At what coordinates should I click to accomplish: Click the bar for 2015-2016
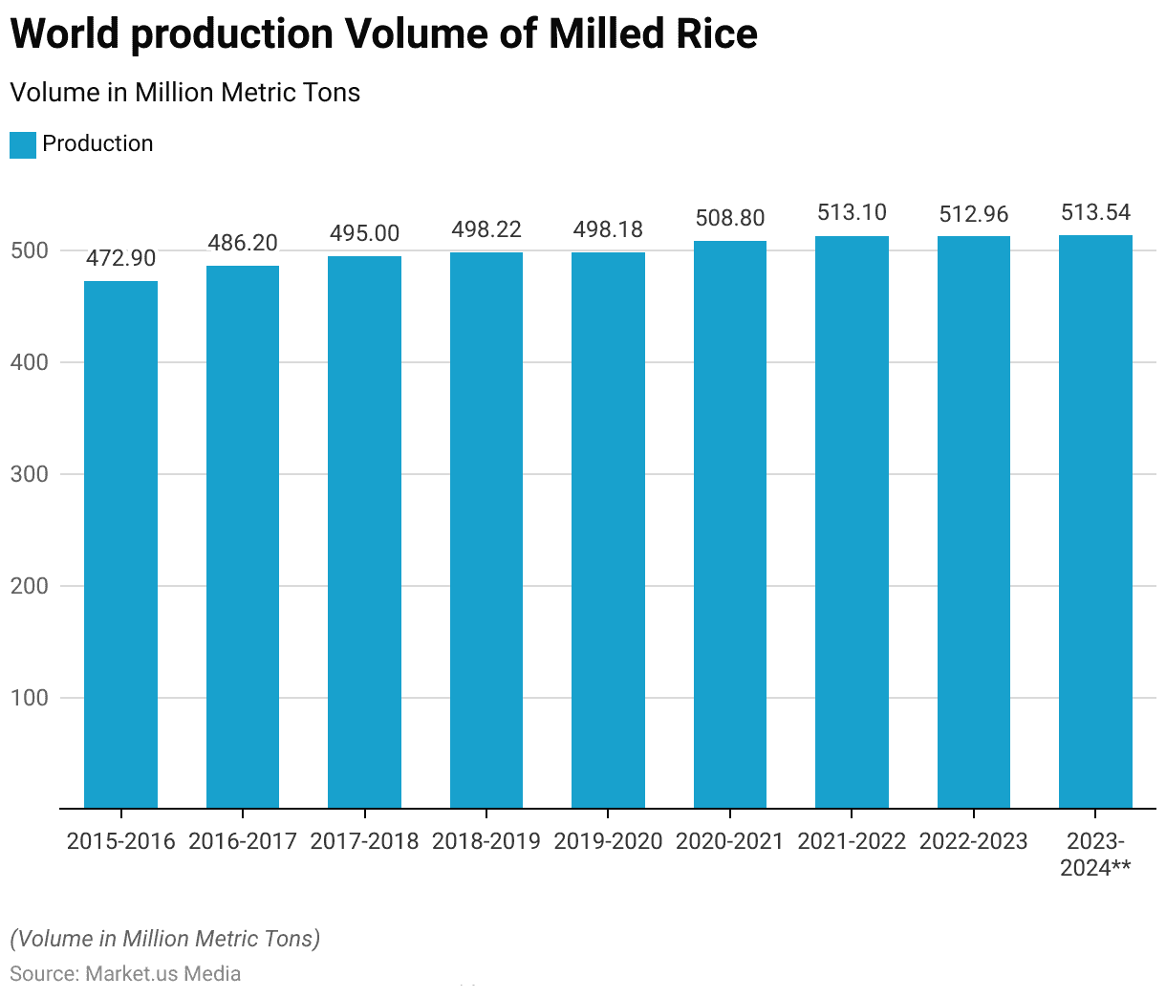pyautogui.click(x=120, y=545)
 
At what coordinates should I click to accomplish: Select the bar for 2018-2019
pyautogui.click(x=486, y=531)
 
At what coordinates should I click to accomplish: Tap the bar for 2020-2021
pyautogui.click(x=730, y=525)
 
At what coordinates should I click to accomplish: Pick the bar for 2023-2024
pyautogui.click(x=1095, y=522)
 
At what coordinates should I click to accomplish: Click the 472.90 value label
pyautogui.click(x=120, y=258)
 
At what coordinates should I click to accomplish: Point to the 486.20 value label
pyautogui.click(x=243, y=243)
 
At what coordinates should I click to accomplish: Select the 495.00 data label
pyautogui.click(x=364, y=233)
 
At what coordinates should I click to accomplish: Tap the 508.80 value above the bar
pyautogui.click(x=730, y=218)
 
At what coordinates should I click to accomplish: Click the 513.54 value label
pyautogui.click(x=1095, y=212)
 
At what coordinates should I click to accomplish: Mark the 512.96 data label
pyautogui.click(x=974, y=214)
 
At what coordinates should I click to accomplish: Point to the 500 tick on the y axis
pyautogui.click(x=30, y=250)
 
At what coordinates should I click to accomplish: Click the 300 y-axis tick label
pyautogui.click(x=30, y=474)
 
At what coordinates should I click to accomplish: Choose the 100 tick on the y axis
pyautogui.click(x=30, y=698)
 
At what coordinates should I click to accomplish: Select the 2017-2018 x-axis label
pyautogui.click(x=364, y=841)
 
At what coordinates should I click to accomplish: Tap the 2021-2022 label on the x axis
pyautogui.click(x=852, y=841)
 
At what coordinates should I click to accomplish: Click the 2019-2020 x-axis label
pyautogui.click(x=608, y=841)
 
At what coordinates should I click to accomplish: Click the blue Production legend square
pyautogui.click(x=23, y=144)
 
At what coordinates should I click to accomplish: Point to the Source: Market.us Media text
pyautogui.click(x=125, y=973)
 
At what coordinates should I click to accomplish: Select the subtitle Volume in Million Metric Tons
pyautogui.click(x=185, y=93)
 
